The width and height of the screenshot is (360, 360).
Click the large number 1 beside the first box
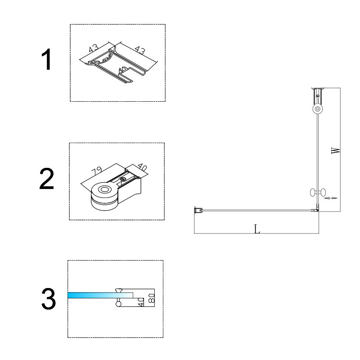point(47,59)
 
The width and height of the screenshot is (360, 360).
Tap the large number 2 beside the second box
point(47,179)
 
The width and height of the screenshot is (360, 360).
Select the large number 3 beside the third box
point(49,299)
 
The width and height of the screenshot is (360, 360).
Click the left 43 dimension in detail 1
point(94,49)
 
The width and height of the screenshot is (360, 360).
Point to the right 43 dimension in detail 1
point(140,50)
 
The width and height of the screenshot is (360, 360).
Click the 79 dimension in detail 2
point(96,171)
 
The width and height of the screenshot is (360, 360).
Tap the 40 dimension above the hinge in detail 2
point(142,167)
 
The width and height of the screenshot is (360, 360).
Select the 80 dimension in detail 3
point(152,298)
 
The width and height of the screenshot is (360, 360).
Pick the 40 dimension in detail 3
point(141,302)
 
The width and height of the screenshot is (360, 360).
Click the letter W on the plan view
point(336,151)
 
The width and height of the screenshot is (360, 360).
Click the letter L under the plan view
point(257,229)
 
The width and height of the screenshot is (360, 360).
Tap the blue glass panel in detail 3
point(100,295)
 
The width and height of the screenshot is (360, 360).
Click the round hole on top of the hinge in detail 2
point(104,189)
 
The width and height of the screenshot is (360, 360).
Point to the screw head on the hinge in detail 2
point(123,179)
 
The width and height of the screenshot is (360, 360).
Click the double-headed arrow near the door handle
point(330,198)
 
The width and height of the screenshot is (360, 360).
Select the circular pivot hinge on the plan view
point(318,109)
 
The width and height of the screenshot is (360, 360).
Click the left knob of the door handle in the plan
point(312,193)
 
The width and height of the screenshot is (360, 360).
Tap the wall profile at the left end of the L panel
point(198,210)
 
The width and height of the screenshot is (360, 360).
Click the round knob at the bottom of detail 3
point(118,304)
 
